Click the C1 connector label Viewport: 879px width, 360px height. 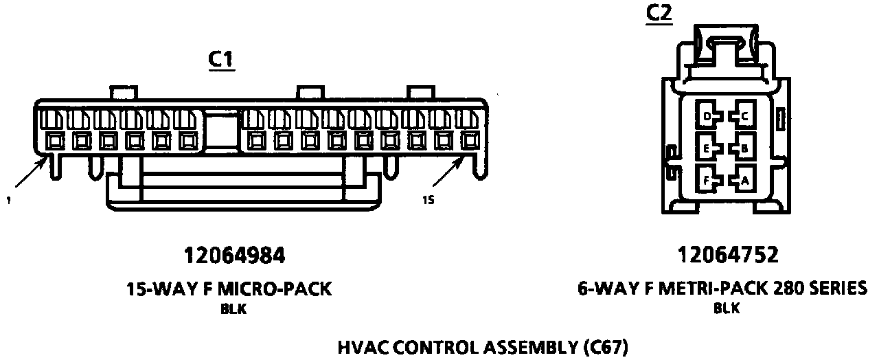[221, 60]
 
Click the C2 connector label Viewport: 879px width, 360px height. [659, 14]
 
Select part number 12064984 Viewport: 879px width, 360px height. [233, 256]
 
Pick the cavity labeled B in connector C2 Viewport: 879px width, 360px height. [743, 148]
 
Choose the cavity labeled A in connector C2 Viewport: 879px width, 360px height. [743, 181]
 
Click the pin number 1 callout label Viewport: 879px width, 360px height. [8, 201]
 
